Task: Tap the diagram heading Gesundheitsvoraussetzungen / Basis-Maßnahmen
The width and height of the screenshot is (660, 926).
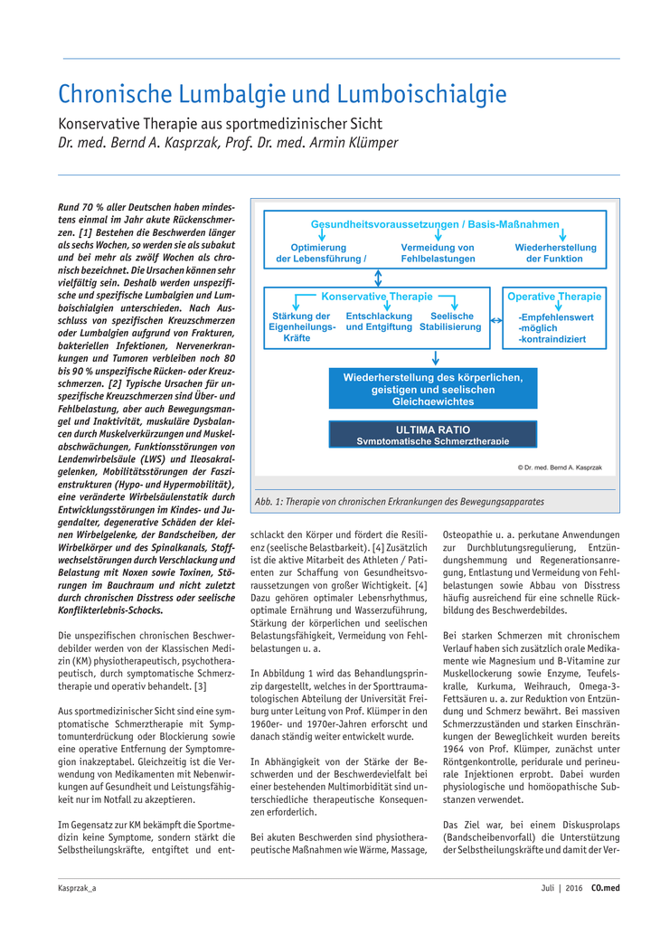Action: (x=435, y=224)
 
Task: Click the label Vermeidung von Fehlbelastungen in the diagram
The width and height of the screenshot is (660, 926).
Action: (x=438, y=253)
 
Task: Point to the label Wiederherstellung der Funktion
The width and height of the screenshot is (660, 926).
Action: (x=555, y=253)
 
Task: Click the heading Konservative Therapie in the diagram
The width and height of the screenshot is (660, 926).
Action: (x=377, y=297)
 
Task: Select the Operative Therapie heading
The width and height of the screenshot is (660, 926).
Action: (x=553, y=297)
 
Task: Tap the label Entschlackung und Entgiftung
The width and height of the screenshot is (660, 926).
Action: (x=379, y=322)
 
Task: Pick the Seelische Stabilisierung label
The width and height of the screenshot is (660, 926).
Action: (x=450, y=322)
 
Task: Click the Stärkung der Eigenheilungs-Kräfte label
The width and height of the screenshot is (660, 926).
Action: (x=301, y=327)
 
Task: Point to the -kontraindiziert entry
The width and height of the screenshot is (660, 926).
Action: (x=552, y=339)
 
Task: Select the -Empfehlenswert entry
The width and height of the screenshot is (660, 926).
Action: (x=555, y=317)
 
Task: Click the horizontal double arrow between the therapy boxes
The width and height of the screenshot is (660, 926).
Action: (x=495, y=320)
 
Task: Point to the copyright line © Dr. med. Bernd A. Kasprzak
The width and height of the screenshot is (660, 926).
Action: (x=560, y=467)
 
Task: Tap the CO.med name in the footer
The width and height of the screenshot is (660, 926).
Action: (x=606, y=889)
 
